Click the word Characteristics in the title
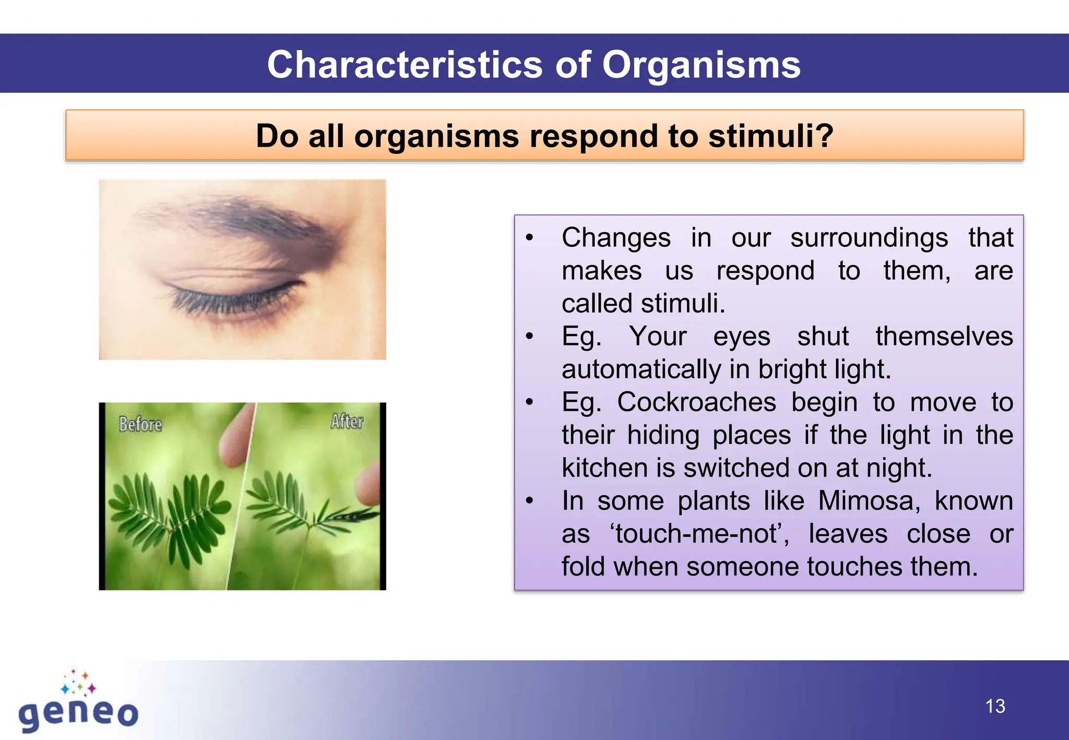coord(405,65)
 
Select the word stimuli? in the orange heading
coord(770,136)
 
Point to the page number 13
coord(995,707)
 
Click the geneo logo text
coord(78,713)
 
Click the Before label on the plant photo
coord(140,424)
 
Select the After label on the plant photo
coord(347,421)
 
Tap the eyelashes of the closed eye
coord(230,303)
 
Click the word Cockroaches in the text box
coord(696,402)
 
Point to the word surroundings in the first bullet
coord(869,238)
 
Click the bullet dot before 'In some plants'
coord(530,501)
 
